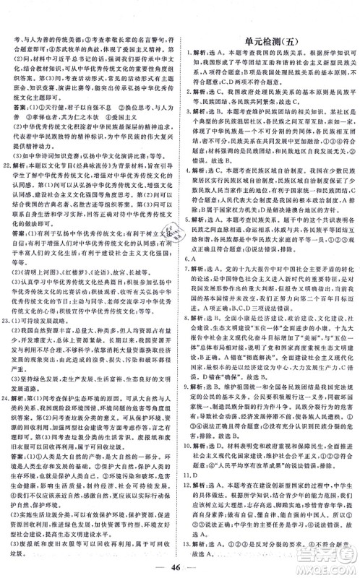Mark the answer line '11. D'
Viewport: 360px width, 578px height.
pos(196,477)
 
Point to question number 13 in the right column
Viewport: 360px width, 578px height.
pos(194,534)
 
